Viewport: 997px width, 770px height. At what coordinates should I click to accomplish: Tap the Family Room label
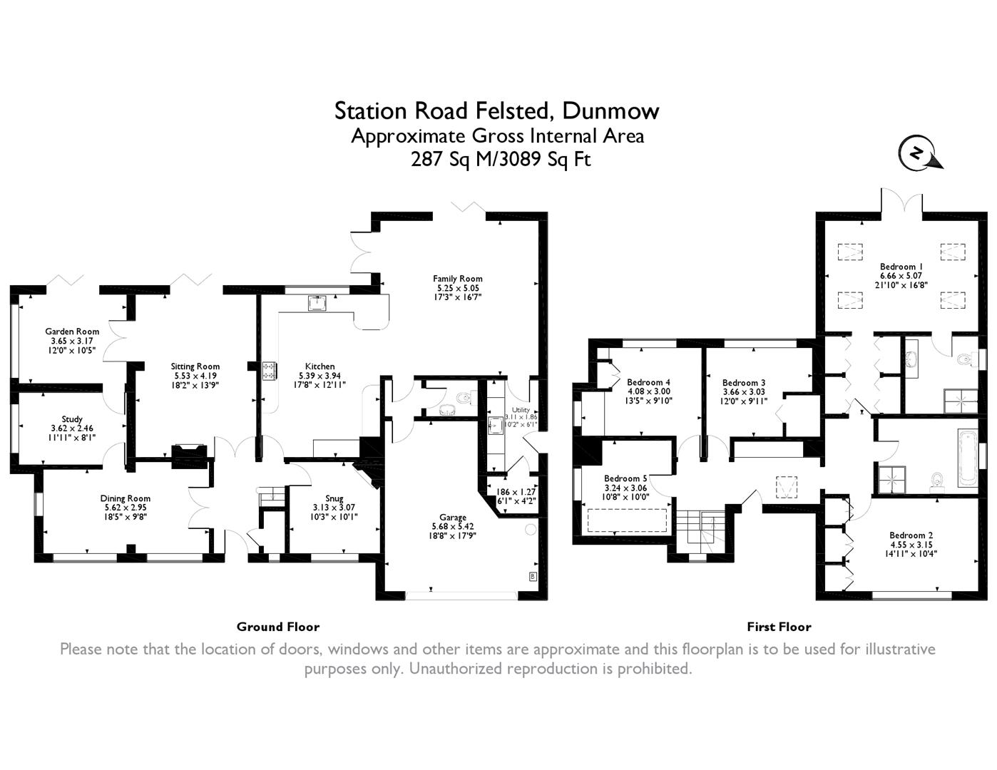pyautogui.click(x=457, y=278)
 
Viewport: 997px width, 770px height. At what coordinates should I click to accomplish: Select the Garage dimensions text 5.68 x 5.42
pyautogui.click(x=452, y=526)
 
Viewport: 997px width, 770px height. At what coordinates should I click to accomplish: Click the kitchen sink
pyautogui.click(x=317, y=303)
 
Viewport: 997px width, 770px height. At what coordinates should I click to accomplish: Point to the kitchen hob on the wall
pyautogui.click(x=268, y=371)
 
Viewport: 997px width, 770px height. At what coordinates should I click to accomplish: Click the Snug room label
pyautogui.click(x=334, y=498)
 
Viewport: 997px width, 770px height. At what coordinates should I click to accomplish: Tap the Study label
pyautogui.click(x=72, y=419)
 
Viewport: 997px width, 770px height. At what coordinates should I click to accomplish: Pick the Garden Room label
pyautogui.click(x=72, y=331)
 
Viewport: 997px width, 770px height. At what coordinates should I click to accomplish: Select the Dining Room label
pyautogui.click(x=126, y=498)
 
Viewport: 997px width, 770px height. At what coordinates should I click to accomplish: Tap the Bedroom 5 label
pyautogui.click(x=625, y=478)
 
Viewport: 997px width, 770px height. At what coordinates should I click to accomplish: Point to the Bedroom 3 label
pyautogui.click(x=743, y=382)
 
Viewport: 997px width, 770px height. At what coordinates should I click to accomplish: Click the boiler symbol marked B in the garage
pyautogui.click(x=533, y=577)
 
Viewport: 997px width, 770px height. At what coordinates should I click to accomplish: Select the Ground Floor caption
pyautogui.click(x=278, y=627)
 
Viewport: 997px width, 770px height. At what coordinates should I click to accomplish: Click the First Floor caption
pyautogui.click(x=779, y=627)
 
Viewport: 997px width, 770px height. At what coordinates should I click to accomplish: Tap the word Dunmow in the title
pyautogui.click(x=610, y=111)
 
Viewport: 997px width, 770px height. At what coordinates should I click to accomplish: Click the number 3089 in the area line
pyautogui.click(x=521, y=159)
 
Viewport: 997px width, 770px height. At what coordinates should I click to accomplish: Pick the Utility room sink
pyautogui.click(x=496, y=426)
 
